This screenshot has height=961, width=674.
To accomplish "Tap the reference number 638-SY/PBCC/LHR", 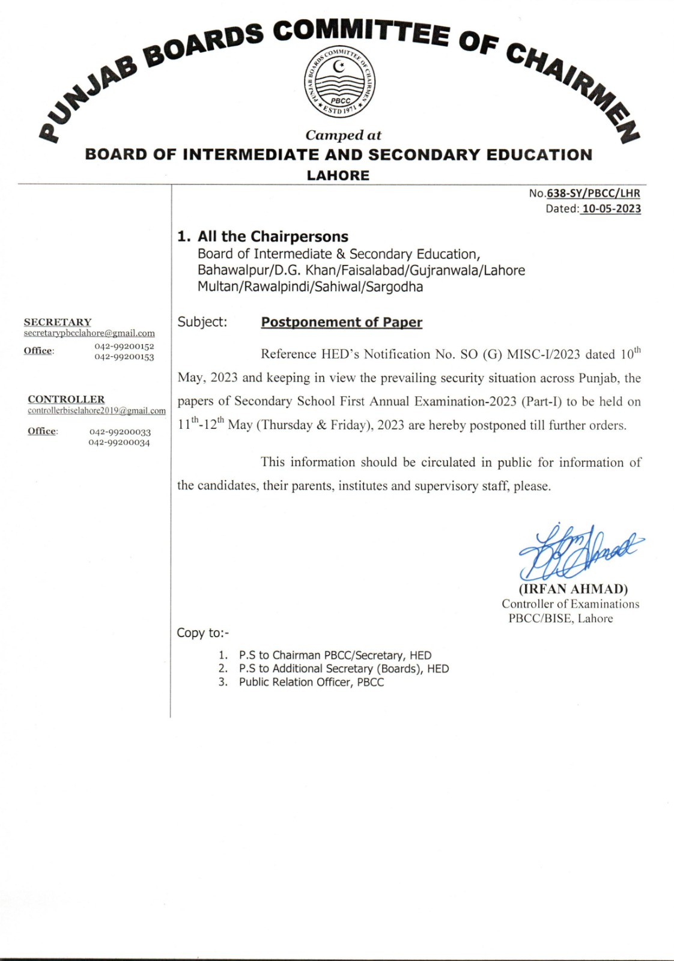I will coord(593,193).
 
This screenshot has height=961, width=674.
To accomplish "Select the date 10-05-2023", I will coord(612,209).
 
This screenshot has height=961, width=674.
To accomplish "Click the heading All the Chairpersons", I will coord(263,237).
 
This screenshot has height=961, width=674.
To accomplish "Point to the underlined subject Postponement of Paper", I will coord(341,323).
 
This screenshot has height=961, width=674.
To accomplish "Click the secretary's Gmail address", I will coord(90,333).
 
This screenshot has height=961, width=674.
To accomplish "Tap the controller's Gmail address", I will coord(97,411).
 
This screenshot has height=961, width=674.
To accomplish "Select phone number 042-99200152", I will coord(124,346).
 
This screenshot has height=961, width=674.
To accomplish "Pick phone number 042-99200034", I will coord(119,443).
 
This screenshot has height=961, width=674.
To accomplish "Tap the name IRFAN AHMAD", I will coord(573,589).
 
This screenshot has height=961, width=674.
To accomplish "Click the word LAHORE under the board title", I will coord(338,175).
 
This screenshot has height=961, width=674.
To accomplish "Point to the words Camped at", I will coord(343,135).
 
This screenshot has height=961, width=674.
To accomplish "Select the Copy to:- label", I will coord(202,633).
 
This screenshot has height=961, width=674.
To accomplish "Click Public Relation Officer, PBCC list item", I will coord(311,682).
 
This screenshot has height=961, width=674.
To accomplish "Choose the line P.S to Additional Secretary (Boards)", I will coord(344,669).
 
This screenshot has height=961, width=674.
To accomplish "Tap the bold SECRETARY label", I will coord(58,323).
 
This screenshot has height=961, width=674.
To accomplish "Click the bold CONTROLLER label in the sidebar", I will coord(66,399).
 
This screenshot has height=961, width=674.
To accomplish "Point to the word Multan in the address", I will coord(217,287).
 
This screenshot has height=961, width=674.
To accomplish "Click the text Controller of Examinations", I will coord(570,604).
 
